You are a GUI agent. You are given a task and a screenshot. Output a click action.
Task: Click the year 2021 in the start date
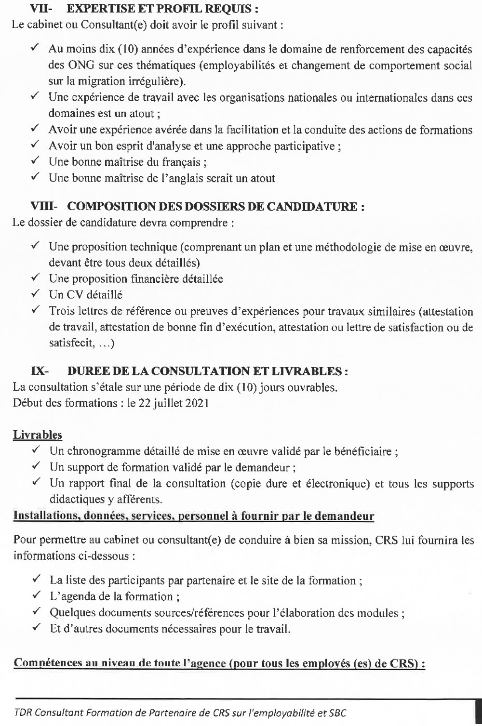(x=198, y=403)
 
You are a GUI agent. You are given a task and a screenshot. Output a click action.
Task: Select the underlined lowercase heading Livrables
(x=38, y=435)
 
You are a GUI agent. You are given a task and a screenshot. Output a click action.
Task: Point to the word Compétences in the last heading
(x=44, y=662)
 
